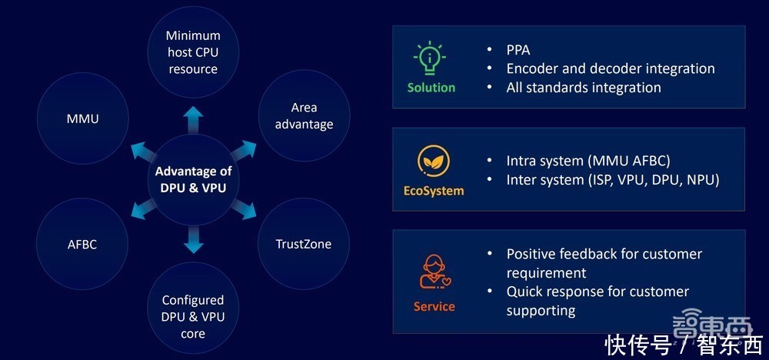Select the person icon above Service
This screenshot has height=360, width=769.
433,271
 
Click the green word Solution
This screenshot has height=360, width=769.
431,88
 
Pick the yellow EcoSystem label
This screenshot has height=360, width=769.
434,190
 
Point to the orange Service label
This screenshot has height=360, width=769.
434,306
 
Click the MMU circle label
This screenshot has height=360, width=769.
83,118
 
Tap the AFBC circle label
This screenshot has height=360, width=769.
83,244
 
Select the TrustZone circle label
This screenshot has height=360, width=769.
303,244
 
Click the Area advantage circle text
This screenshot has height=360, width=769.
304,115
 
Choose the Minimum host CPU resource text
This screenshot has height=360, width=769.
193,52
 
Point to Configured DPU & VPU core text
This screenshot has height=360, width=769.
193,316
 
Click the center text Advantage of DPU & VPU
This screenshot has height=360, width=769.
193,179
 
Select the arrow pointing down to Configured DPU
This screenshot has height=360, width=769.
193,242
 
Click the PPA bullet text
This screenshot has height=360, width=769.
519,50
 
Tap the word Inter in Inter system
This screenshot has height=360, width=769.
523,180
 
